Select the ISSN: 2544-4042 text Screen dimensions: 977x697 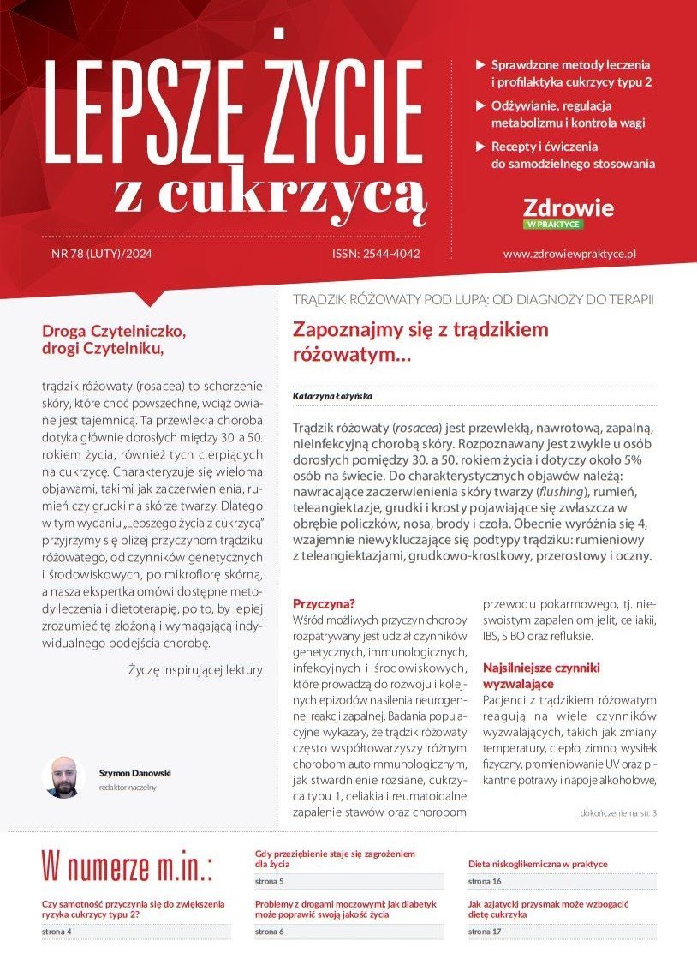point(376,254)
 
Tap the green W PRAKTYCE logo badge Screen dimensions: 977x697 point(553,225)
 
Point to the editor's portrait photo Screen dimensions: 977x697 point(63,777)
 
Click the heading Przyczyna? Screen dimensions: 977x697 point(324,602)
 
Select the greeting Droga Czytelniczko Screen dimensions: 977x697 point(114,330)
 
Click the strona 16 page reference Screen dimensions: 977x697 point(485,881)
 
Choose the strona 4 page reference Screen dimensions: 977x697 point(57,931)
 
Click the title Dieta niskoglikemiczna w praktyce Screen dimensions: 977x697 point(538,864)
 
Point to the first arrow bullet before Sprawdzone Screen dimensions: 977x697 point(480,65)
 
